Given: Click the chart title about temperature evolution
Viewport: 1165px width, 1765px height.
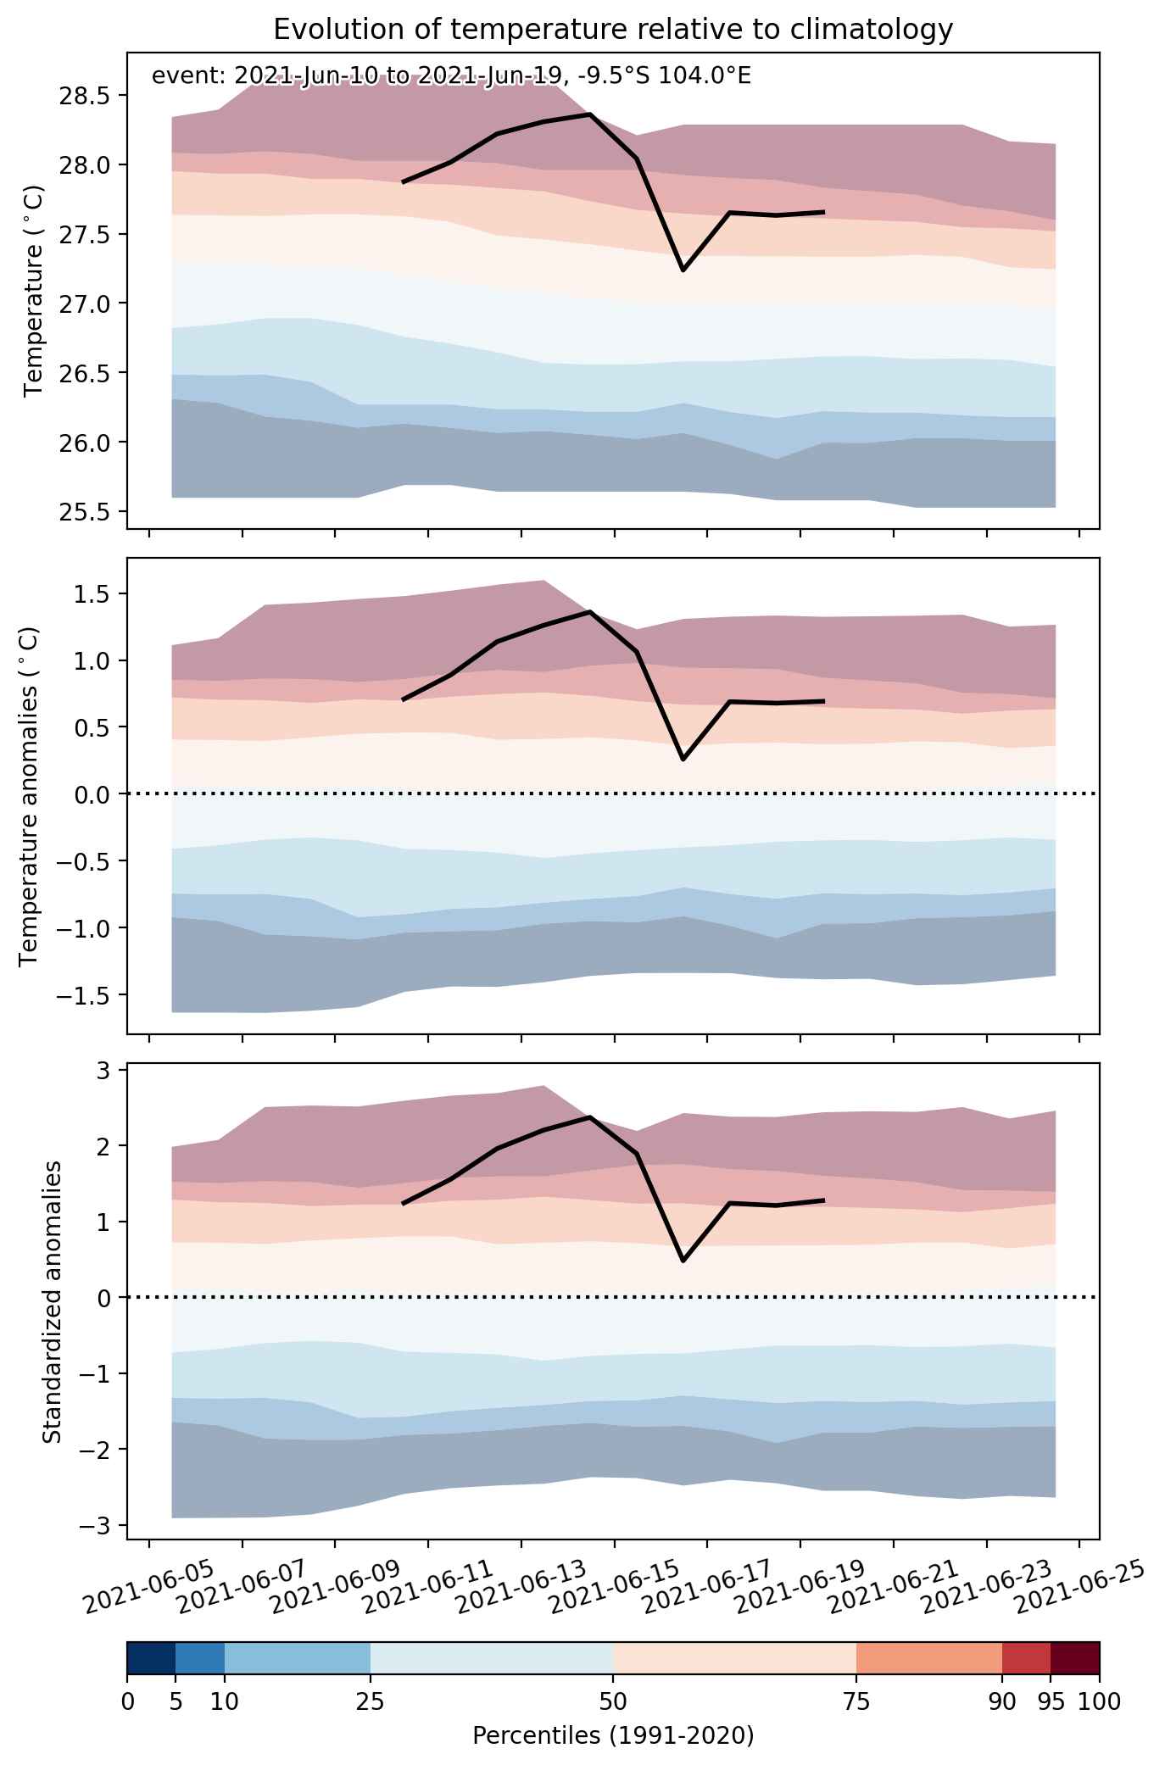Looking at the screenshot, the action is point(613,29).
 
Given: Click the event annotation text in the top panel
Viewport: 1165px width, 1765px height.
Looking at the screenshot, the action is point(451,76).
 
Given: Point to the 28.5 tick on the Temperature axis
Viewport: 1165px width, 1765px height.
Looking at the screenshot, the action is point(84,95).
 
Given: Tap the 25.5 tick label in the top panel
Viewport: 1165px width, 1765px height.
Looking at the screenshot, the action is point(84,511).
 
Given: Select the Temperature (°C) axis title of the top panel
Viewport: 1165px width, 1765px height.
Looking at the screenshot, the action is point(34,291).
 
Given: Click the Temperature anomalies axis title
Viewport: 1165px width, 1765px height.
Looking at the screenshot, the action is point(29,795).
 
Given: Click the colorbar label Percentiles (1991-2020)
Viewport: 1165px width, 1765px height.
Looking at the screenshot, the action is point(613,1735).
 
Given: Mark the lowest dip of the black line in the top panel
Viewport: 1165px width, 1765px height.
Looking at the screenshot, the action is point(683,270).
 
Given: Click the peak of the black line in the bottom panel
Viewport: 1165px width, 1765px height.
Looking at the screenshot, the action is point(590,1117).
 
